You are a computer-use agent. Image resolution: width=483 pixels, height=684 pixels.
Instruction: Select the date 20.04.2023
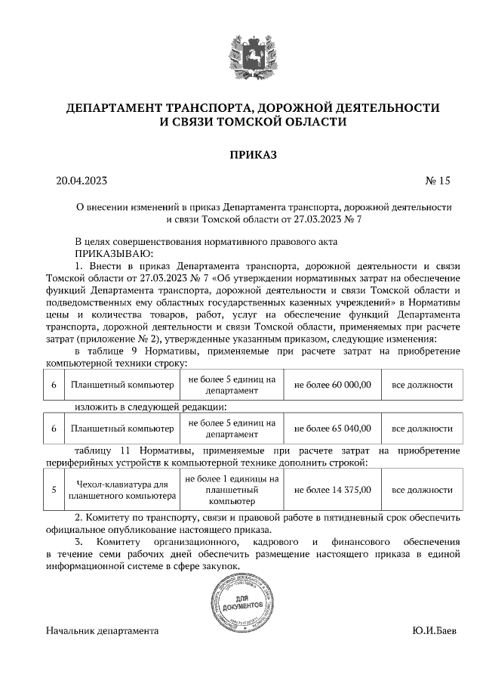point(82,181)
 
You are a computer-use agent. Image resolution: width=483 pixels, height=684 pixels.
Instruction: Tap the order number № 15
point(437,181)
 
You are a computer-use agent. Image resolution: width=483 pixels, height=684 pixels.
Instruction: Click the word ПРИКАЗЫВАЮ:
point(114,253)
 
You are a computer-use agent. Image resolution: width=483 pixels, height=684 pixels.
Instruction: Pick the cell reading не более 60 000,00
point(332,385)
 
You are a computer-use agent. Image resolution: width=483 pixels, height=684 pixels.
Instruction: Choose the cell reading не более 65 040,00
point(332,428)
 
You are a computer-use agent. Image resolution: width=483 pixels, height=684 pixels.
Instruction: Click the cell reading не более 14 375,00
point(332,489)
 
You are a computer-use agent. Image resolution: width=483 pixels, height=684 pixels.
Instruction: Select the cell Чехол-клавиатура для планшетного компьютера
point(122,489)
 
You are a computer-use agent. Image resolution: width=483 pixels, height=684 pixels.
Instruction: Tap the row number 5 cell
point(54,489)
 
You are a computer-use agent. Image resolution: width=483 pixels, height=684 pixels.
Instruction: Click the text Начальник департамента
point(102,630)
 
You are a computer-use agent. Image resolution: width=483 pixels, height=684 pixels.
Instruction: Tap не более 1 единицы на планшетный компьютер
point(231,489)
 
